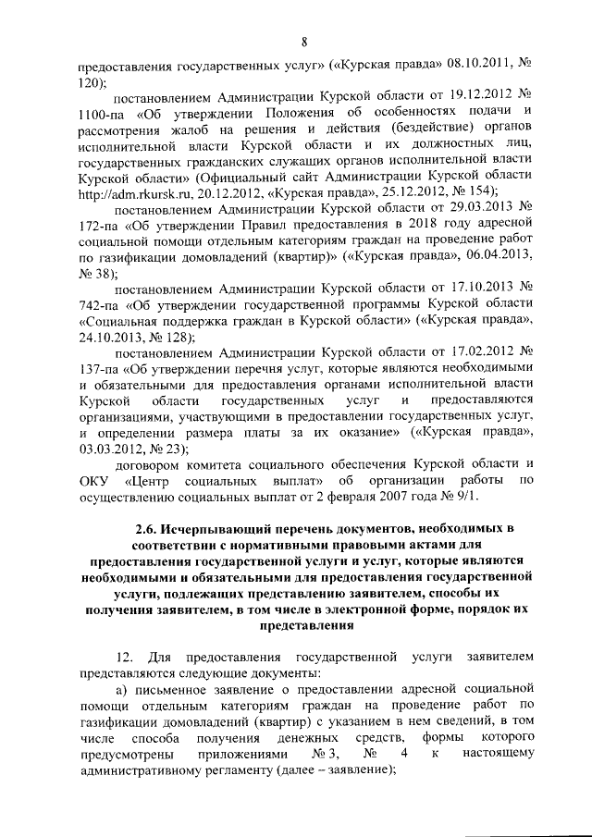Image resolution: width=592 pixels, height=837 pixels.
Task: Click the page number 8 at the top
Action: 303,39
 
